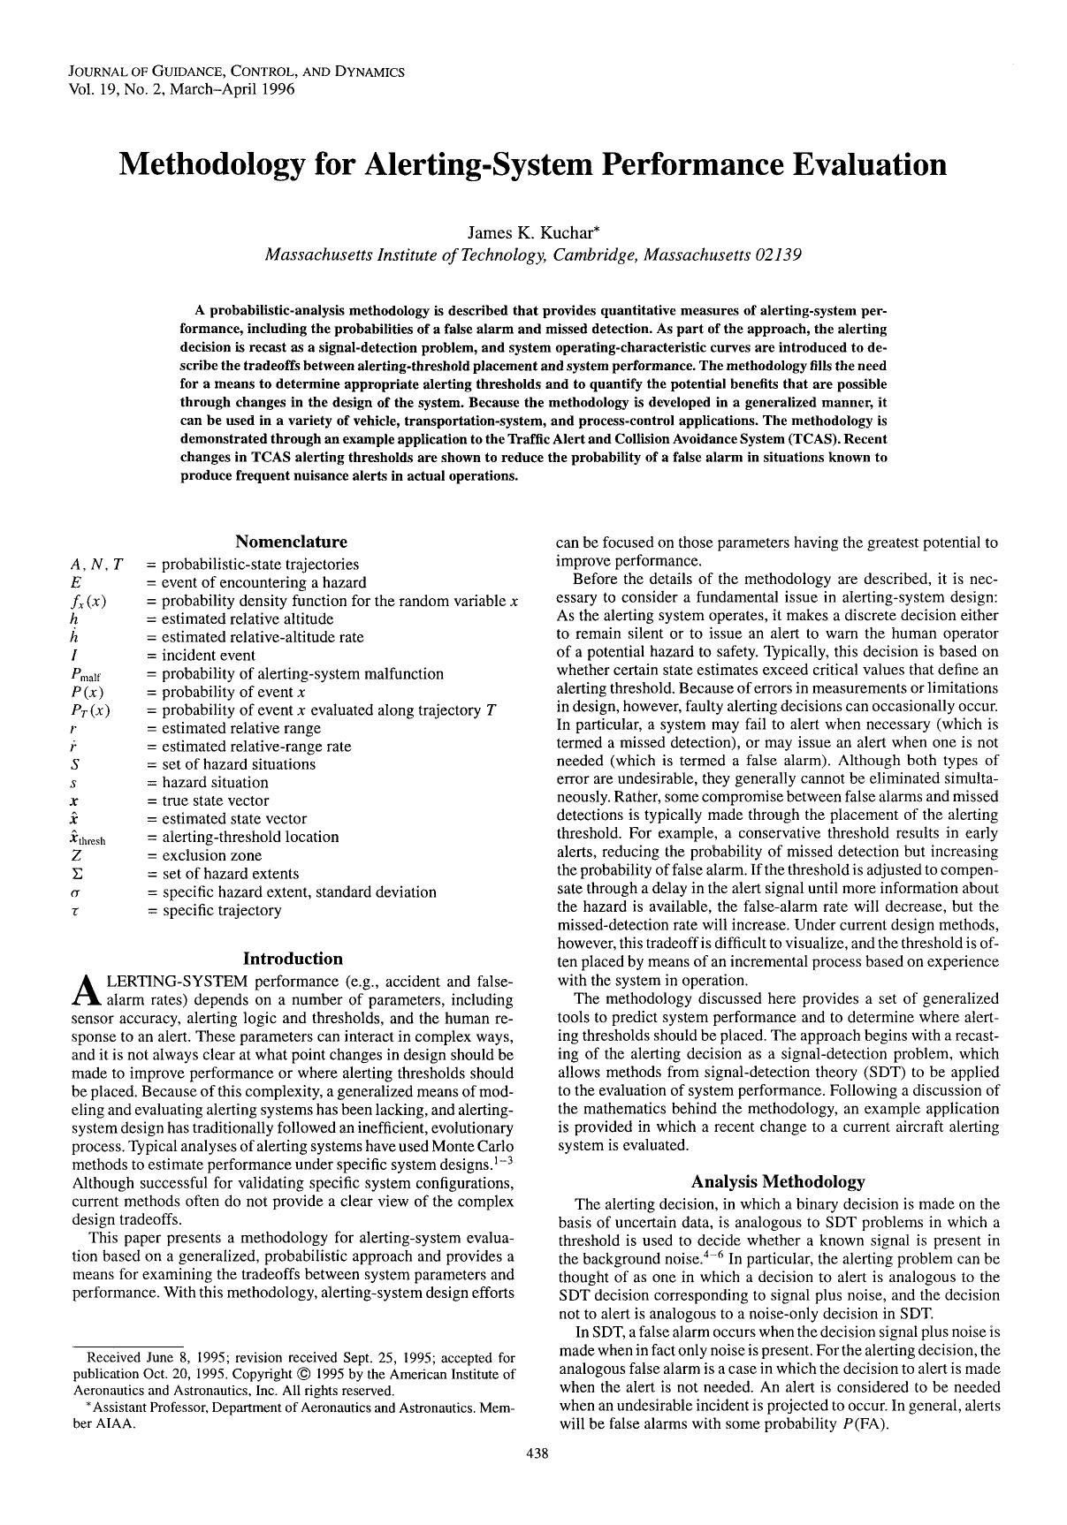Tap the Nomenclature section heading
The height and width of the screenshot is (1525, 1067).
(x=291, y=542)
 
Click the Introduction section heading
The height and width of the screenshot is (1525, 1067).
(x=293, y=959)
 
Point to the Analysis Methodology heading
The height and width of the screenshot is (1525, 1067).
(x=777, y=1181)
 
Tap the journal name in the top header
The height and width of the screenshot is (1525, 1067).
(x=236, y=72)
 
